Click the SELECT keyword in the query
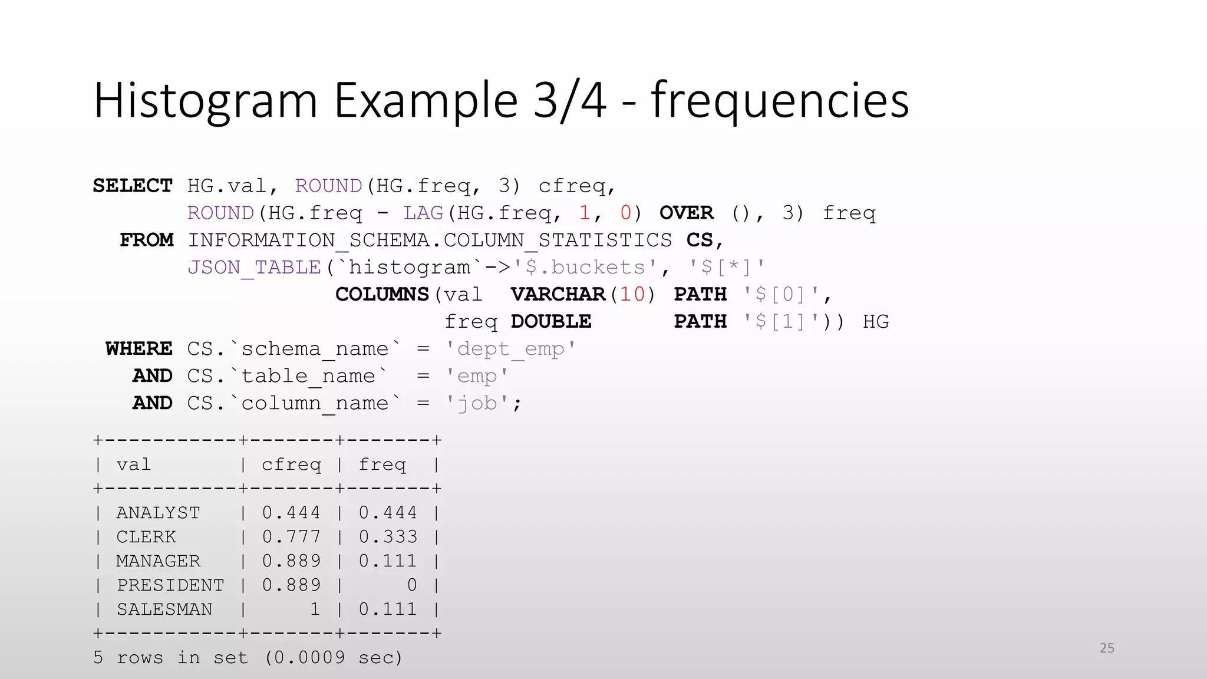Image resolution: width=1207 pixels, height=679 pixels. (x=133, y=186)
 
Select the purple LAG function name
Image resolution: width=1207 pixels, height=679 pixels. (x=423, y=213)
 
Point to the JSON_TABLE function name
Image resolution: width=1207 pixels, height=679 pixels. (x=254, y=268)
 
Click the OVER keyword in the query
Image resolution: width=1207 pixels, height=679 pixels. (x=687, y=213)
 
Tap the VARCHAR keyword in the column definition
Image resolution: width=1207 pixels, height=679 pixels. (x=558, y=295)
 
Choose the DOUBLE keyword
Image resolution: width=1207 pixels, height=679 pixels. (x=550, y=322)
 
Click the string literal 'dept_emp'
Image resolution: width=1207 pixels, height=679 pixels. (x=510, y=349)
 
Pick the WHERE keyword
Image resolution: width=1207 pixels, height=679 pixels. (x=139, y=349)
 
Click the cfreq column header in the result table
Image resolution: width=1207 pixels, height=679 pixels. (x=291, y=465)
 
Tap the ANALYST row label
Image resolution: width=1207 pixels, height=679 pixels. (x=158, y=513)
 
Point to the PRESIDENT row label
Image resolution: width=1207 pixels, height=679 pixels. (x=170, y=586)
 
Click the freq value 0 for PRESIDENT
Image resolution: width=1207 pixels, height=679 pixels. (x=412, y=586)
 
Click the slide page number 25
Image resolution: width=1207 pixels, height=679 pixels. (x=1107, y=648)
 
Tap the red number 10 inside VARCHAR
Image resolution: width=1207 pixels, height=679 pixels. (x=632, y=295)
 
